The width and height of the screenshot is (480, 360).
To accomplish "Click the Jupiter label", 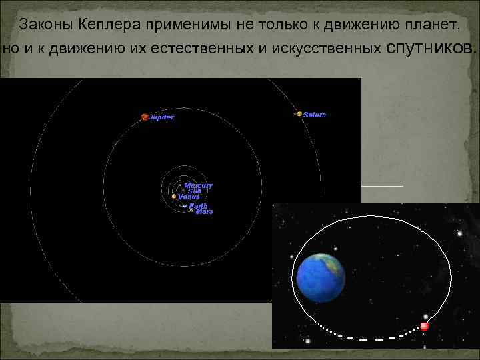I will [162, 117].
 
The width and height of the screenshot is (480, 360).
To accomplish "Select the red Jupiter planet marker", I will [145, 117].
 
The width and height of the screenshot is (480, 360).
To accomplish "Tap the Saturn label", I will [315, 115].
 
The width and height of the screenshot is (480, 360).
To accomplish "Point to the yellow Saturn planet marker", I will [299, 114].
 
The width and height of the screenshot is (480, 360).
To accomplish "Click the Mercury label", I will [198, 185].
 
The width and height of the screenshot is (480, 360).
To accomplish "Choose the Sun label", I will [194, 191].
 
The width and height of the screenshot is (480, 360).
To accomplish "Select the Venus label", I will [189, 197].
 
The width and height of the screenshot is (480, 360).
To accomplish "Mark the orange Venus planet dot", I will [174, 197].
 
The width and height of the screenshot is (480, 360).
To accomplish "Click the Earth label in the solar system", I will [198, 206].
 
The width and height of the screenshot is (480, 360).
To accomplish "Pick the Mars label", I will [204, 212].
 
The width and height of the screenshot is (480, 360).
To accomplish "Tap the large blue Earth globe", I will [321, 277].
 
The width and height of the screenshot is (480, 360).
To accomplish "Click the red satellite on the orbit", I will [425, 327].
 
